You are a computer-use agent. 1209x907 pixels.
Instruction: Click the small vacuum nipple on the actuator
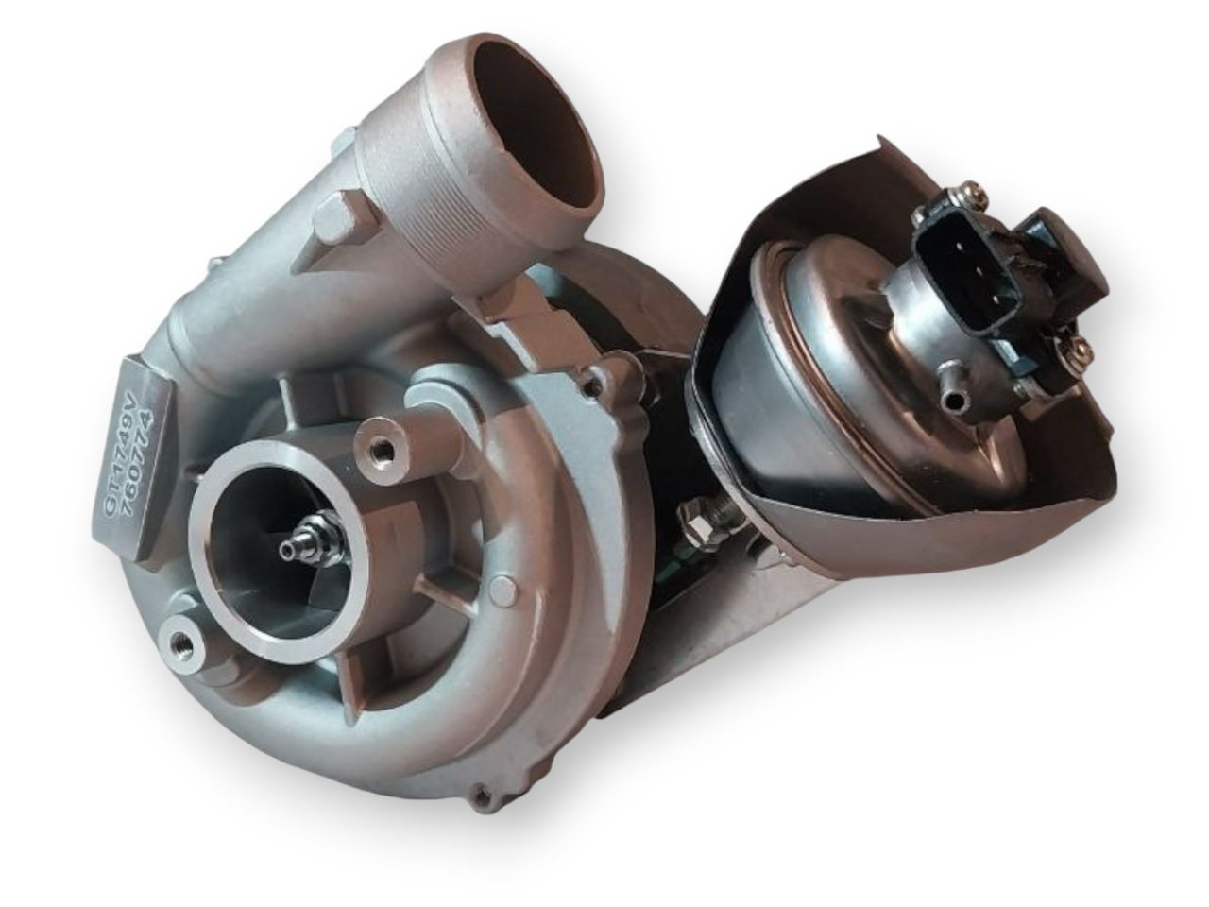957,402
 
